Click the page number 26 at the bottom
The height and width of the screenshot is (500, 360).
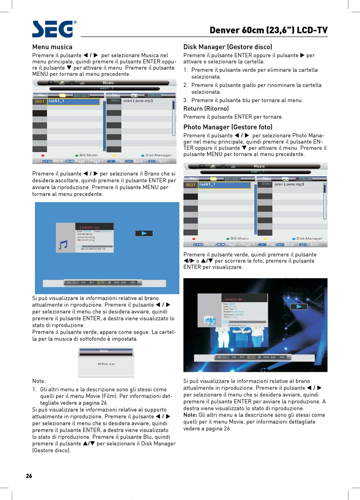[x=29, y=476]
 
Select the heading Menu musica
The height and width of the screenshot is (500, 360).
[x=52, y=47]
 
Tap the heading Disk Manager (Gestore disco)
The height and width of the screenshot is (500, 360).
[x=227, y=47]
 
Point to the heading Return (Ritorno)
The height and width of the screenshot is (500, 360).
[x=206, y=109]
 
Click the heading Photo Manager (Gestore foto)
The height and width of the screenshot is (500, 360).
[x=228, y=127]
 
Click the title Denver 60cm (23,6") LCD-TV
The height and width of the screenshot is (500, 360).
[x=268, y=30]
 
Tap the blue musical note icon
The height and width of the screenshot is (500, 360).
[x=63, y=245]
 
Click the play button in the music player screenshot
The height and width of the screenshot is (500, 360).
[x=144, y=234]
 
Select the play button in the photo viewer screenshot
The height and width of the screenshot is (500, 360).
[x=299, y=307]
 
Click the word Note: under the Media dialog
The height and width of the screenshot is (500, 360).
[x=39, y=381]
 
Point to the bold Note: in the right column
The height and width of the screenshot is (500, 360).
[x=190, y=415]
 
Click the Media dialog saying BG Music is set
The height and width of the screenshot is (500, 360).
[x=106, y=361]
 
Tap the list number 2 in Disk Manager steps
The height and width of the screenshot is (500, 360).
[x=185, y=85]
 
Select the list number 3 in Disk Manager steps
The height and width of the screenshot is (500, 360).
[x=185, y=100]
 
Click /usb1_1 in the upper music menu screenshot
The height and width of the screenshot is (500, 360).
[x=56, y=101]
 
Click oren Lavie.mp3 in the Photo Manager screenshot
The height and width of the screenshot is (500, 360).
[x=289, y=185]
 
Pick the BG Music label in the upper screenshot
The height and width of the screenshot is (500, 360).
[x=88, y=155]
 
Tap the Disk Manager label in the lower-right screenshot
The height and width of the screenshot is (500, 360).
[x=309, y=238]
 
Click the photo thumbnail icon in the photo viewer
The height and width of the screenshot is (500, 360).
[x=210, y=321]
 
